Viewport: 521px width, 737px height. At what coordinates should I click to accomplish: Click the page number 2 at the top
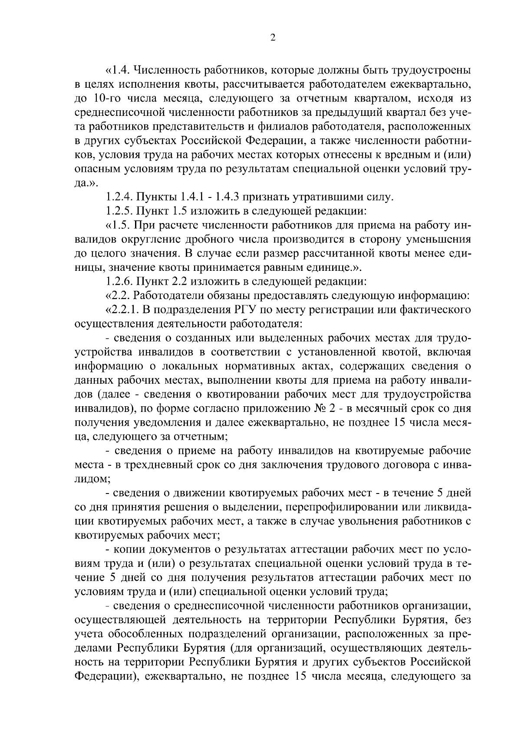[x=272, y=38]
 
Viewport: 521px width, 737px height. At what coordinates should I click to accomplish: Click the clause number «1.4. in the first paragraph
[x=117, y=70]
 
